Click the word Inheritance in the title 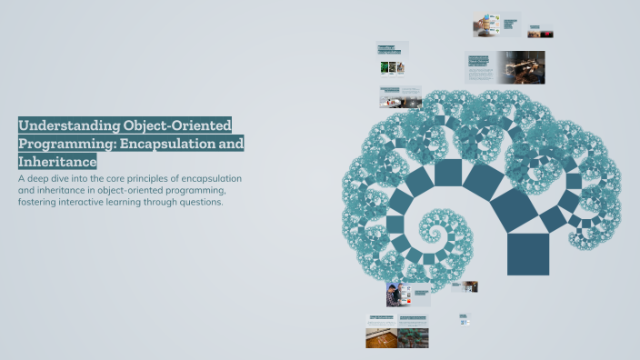57,162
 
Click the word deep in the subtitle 43,178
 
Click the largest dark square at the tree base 528,254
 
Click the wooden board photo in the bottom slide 381,337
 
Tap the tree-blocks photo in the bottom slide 413,337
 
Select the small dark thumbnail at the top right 540,32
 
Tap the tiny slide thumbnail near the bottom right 464,319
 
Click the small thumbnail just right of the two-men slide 465,286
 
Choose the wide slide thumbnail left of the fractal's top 400,95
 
